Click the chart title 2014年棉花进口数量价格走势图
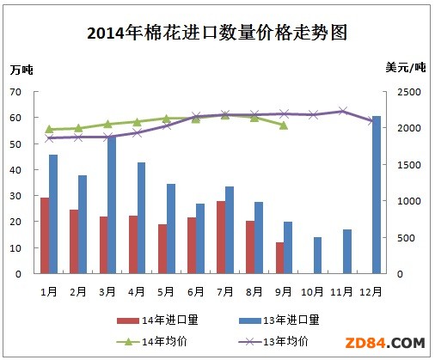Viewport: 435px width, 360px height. point(217,34)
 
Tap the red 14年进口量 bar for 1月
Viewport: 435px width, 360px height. point(44,235)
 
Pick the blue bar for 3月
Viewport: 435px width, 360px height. point(112,204)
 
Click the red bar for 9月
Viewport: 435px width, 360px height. point(279,258)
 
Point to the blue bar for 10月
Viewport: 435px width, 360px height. point(317,255)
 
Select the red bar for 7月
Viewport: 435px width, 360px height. point(220,237)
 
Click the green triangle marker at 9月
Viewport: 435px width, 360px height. point(284,125)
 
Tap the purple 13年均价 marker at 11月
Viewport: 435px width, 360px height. point(343,111)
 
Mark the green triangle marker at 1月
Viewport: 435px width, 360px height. point(49,129)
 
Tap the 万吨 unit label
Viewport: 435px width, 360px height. point(23,69)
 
